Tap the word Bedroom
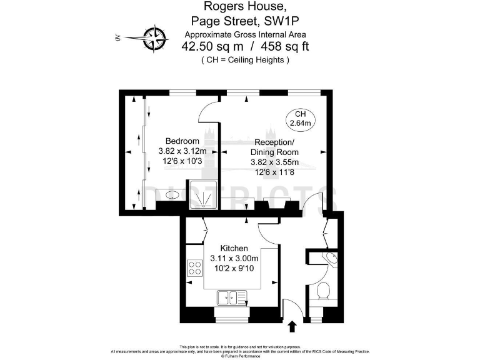(x=182, y=141)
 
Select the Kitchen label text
(x=234, y=248)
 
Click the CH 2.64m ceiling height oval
(x=300, y=119)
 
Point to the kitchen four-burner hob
(x=195, y=268)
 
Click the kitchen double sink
(x=229, y=297)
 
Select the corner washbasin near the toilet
(x=328, y=259)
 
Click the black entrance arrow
(x=291, y=327)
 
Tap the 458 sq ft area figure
(x=285, y=46)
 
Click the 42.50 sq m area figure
(x=213, y=46)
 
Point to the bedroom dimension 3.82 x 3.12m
(x=182, y=151)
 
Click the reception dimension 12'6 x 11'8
(x=274, y=172)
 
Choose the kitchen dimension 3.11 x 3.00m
(x=234, y=258)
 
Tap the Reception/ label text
(x=274, y=141)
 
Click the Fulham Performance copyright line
(x=240, y=356)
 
